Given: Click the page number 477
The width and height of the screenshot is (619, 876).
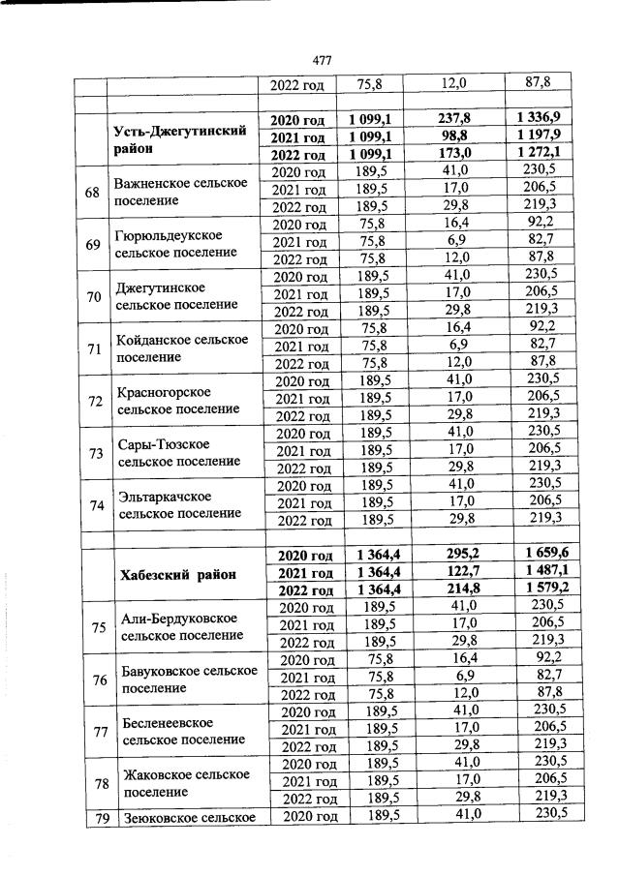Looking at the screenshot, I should [322, 61].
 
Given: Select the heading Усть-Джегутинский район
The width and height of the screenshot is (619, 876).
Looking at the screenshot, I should [179, 138].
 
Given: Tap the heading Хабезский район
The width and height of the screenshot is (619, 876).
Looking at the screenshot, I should [178, 574].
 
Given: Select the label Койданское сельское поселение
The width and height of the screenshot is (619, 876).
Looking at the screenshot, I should [181, 348].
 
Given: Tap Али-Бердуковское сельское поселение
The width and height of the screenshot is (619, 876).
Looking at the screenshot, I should [179, 627].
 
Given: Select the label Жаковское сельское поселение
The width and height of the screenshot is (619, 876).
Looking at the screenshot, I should [181, 783].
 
